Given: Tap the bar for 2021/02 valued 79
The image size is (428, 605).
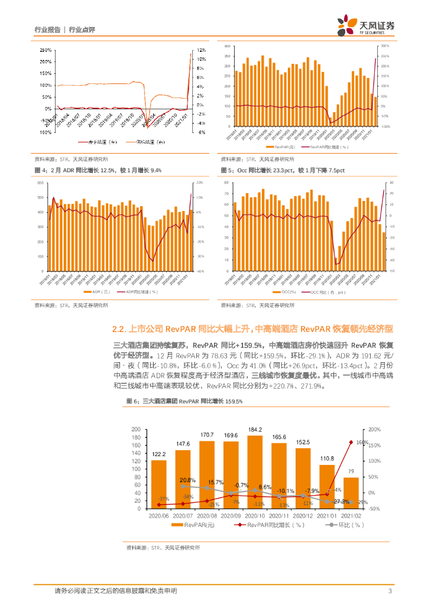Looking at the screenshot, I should [351, 493].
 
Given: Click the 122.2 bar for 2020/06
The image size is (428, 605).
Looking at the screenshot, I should [158, 484].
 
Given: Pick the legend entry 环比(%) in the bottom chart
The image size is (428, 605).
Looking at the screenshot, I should [347, 525].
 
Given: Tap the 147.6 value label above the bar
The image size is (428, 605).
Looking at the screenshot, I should [183, 444].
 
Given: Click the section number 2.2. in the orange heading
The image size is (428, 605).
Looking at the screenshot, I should [119, 328].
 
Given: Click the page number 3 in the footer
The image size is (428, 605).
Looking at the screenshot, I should [390, 591].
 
